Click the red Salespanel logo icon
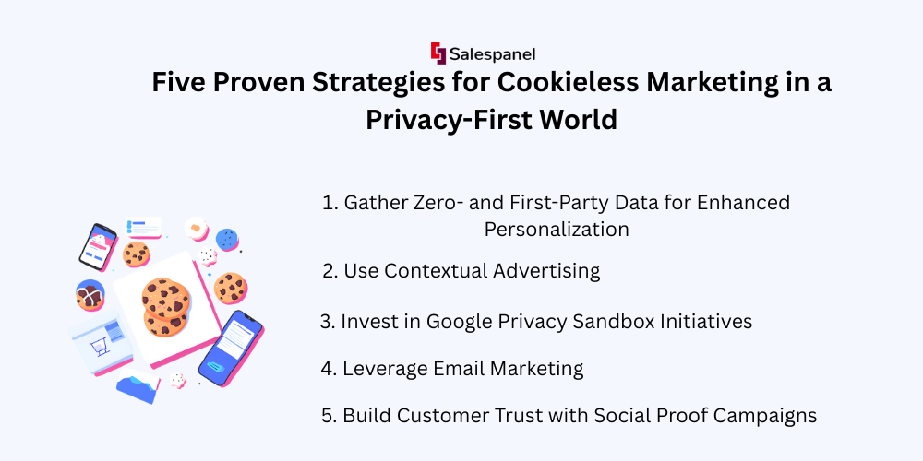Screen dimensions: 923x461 438,53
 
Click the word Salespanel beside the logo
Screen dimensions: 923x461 493,54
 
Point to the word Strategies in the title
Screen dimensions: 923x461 378,83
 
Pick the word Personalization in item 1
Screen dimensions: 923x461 557,229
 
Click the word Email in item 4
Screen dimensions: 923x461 461,369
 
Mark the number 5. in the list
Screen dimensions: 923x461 330,416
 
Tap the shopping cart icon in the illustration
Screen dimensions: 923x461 96,349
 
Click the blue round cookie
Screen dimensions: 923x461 227,240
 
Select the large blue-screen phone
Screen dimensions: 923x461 230,349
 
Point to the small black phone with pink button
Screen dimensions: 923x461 98,246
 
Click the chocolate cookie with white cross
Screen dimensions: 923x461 90,295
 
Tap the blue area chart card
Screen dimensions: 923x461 138,387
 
